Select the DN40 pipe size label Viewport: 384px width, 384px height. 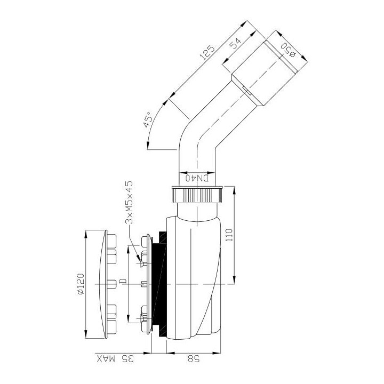tap(197, 179)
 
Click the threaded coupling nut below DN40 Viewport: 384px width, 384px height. tap(197, 197)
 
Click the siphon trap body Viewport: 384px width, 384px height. tap(197, 277)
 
